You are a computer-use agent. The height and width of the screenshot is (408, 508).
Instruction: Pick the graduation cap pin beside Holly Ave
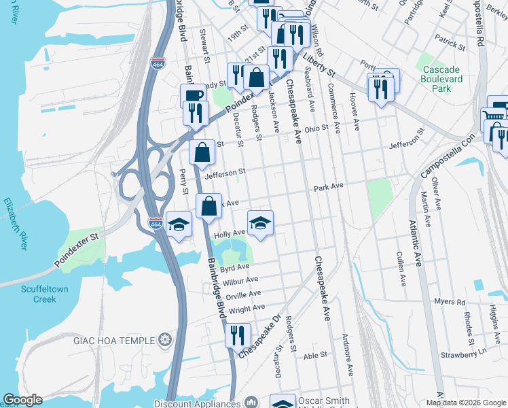[259, 223]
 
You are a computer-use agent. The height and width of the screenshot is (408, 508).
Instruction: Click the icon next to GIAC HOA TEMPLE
[165, 339]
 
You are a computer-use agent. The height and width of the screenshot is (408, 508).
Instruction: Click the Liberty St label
[320, 66]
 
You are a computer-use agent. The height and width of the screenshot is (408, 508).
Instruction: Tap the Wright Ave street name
[247, 309]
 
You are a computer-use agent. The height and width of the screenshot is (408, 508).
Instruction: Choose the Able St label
[315, 355]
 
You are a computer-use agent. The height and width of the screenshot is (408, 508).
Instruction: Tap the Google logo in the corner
[22, 400]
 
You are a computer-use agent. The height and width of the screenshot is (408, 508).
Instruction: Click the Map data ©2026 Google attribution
[466, 403]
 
